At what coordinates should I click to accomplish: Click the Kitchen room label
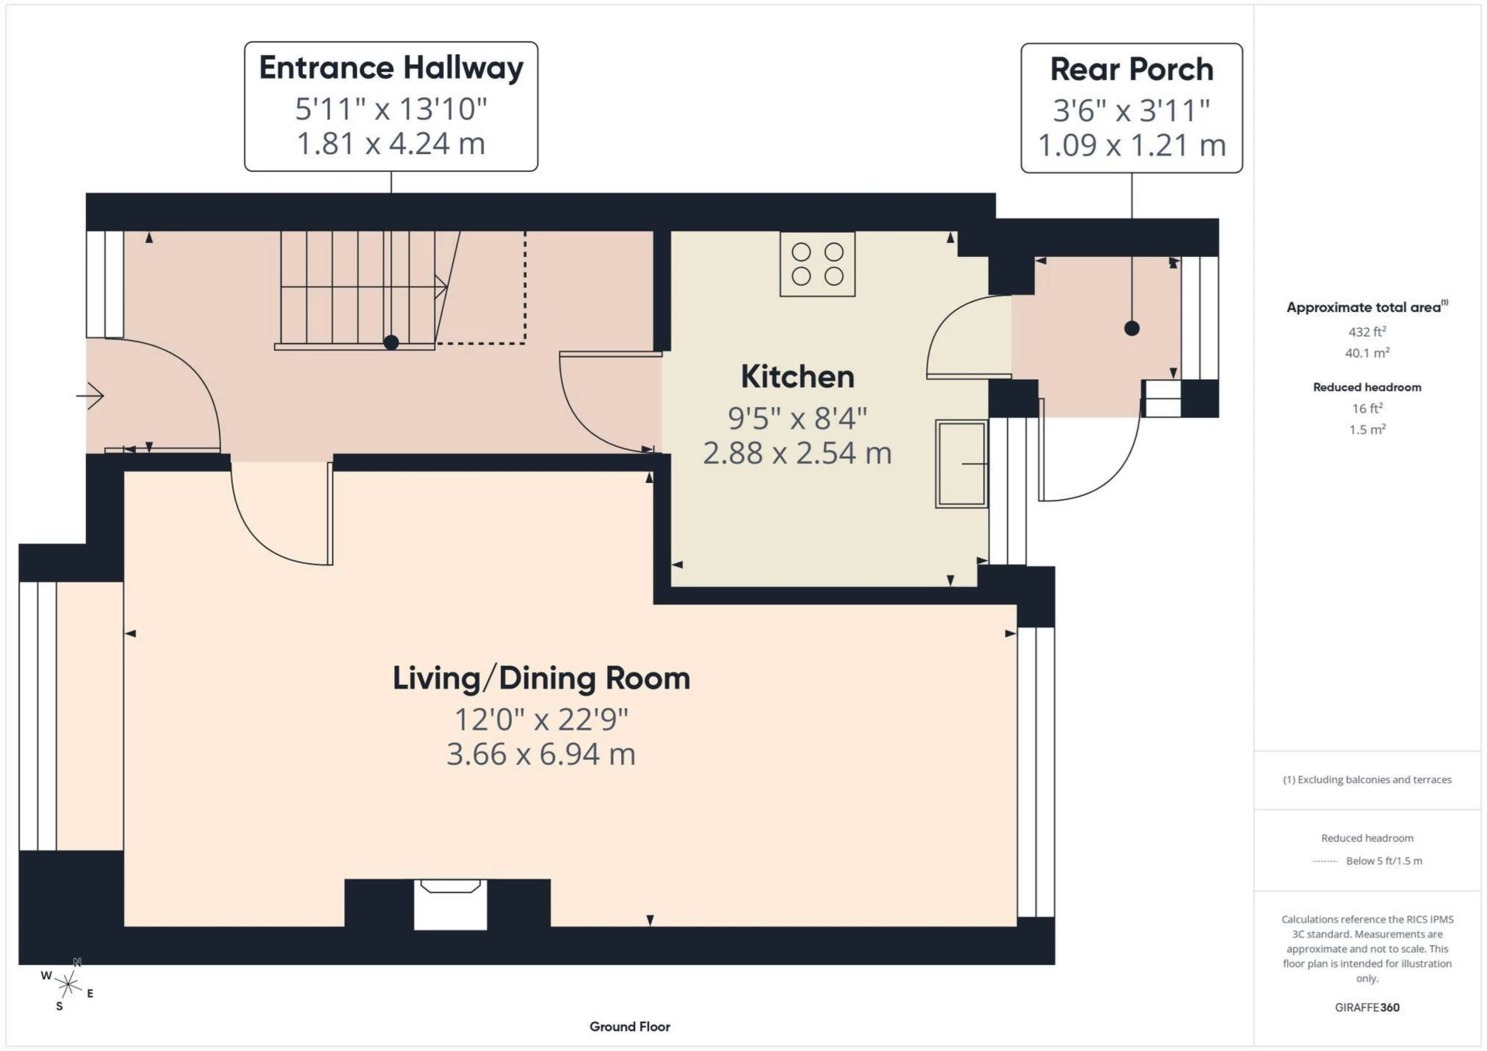pos(797,377)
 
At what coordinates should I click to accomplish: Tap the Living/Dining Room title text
pos(541,678)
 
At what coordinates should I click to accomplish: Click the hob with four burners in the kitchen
pos(817,265)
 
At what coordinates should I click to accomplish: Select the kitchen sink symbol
pos(960,464)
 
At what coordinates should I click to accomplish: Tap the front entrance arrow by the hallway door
pos(91,396)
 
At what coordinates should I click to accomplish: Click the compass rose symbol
pos(68,984)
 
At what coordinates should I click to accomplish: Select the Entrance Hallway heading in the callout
pos(390,68)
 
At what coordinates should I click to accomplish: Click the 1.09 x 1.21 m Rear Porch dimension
pos(1131,145)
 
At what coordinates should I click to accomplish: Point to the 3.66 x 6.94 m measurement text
pos(541,754)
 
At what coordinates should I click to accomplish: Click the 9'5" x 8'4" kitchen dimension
pos(797,419)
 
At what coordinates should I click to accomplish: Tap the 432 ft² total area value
pos(1367,332)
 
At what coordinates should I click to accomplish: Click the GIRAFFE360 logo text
pos(1367,1008)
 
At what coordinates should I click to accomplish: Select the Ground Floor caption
pos(629,1027)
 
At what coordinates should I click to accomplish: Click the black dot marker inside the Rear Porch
pos(1132,328)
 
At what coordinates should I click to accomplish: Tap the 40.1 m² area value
pos(1367,353)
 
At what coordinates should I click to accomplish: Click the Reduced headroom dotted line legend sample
pos(1325,861)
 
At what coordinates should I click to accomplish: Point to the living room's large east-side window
pos(1035,772)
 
